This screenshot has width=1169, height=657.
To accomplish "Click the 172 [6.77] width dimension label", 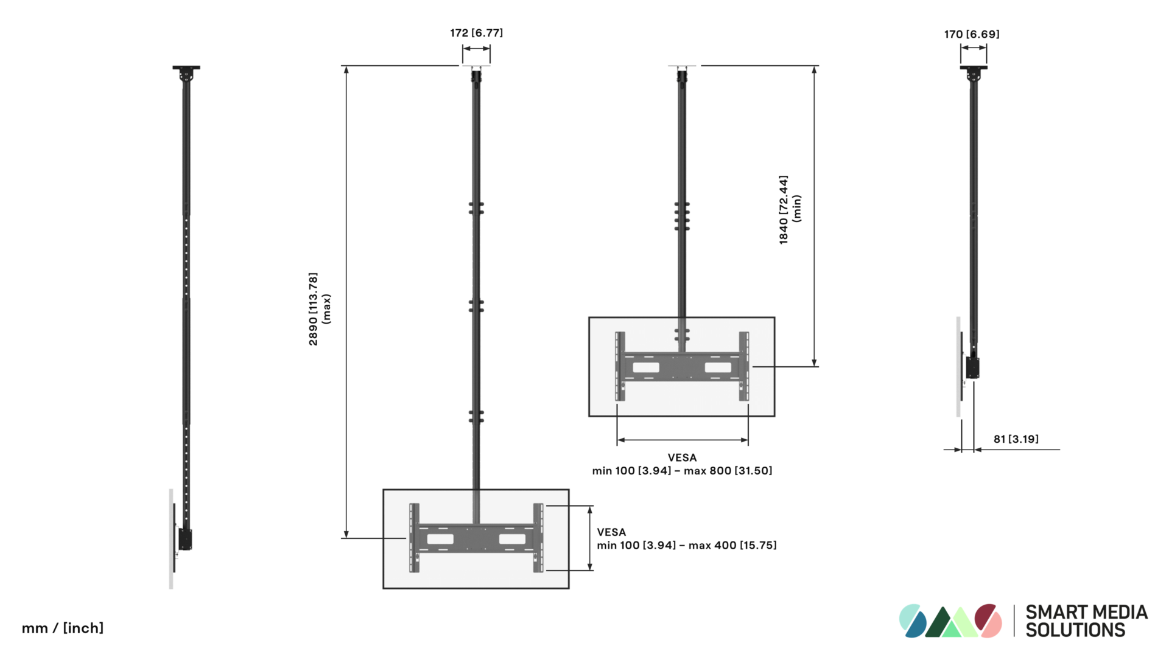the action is (x=476, y=33).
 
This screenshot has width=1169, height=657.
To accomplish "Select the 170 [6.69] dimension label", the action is (x=972, y=34).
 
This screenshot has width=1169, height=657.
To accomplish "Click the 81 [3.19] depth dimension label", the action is (x=1016, y=439).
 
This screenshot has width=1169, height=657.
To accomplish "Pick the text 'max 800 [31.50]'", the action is (x=728, y=471).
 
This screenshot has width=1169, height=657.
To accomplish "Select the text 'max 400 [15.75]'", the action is (x=732, y=546).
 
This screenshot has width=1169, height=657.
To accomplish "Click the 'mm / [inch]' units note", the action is (x=63, y=628).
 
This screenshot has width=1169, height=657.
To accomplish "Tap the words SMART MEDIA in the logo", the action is (x=1087, y=612).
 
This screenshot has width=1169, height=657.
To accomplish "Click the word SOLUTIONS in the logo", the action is (x=1075, y=630).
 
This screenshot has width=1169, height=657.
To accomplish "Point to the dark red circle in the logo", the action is (x=986, y=616).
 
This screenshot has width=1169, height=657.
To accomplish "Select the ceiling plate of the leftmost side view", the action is (x=186, y=68).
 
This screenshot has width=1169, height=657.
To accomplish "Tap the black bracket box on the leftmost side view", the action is (x=185, y=540).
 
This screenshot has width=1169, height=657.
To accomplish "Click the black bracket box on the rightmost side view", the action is (x=972, y=367).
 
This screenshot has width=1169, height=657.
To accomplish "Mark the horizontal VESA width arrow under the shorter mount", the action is (x=683, y=440).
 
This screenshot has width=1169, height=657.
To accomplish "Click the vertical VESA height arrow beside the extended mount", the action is (x=589, y=538).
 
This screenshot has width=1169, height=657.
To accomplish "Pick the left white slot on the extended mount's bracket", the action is (x=440, y=539).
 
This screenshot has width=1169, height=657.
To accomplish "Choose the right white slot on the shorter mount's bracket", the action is (x=718, y=367).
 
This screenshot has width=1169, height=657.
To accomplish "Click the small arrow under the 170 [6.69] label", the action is (x=974, y=48).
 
